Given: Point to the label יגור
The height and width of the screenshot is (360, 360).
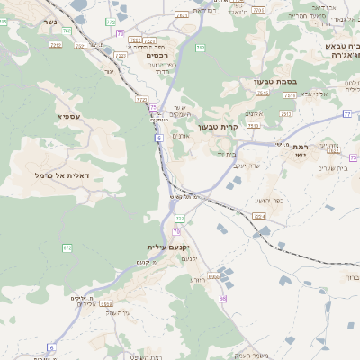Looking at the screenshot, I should [x=110, y=70].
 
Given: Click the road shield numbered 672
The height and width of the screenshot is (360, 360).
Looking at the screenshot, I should [x=67, y=247].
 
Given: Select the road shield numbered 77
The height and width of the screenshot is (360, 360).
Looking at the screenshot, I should [x=346, y=114].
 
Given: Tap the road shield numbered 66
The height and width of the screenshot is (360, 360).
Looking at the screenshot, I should [x=222, y=298].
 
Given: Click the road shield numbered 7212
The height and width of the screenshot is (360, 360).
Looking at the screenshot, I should [x=56, y=43].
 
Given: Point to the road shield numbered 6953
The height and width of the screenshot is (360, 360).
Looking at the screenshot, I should [x=213, y=276].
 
